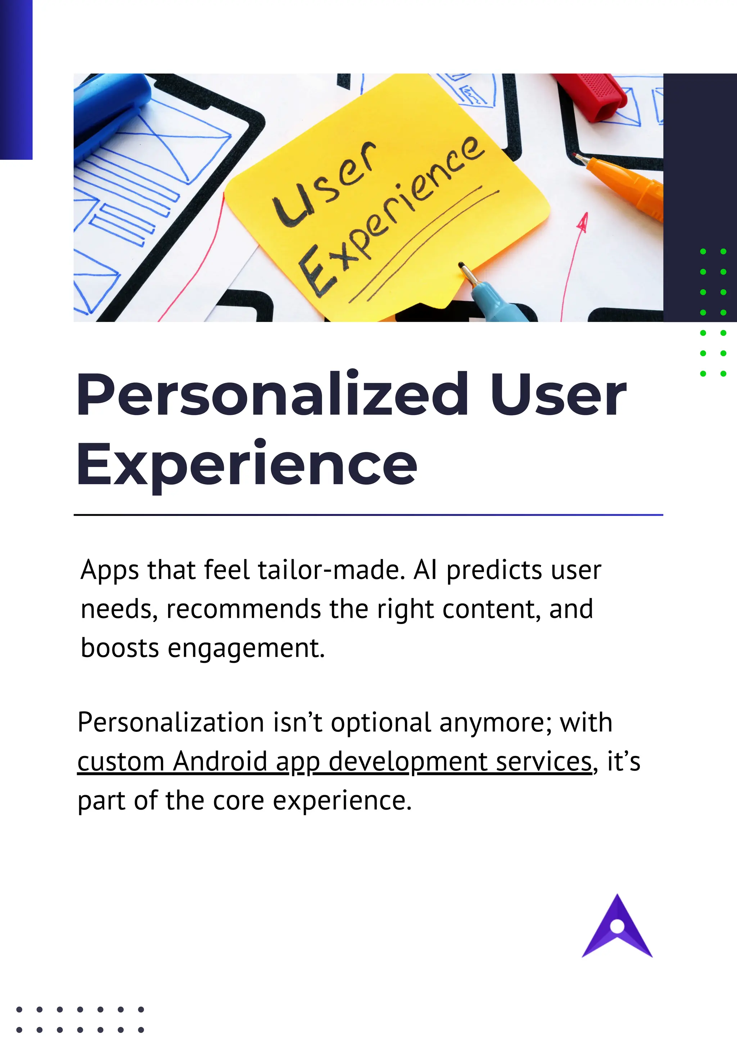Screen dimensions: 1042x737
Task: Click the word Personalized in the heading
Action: point(272,394)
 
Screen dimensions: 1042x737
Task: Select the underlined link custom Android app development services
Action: point(334,761)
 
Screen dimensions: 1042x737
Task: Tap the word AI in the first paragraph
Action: point(425,570)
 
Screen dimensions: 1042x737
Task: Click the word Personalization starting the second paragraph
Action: point(171,722)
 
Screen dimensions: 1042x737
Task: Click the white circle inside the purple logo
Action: point(617,926)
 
